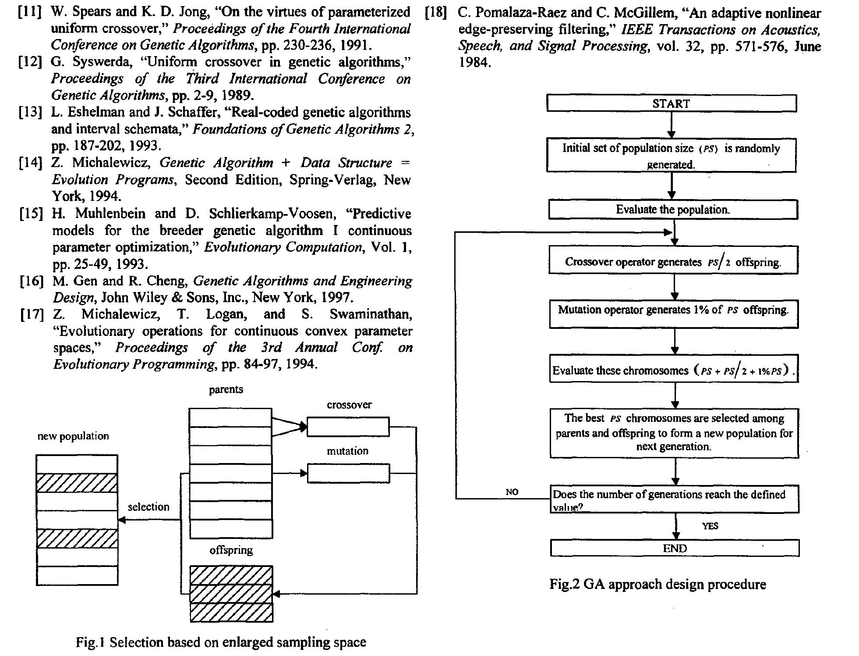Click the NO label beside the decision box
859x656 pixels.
coord(512,492)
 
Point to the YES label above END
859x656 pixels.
coord(710,526)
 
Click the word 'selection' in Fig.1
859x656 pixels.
coord(148,507)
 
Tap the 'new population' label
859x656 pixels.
coord(73,436)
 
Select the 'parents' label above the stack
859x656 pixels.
coord(226,389)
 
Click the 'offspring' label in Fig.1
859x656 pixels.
coord(231,550)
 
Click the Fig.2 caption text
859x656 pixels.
coord(658,584)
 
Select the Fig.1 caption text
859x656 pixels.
coord(221,642)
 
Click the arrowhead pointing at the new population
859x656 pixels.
coord(122,520)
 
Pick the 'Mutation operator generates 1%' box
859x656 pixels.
coord(674,314)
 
